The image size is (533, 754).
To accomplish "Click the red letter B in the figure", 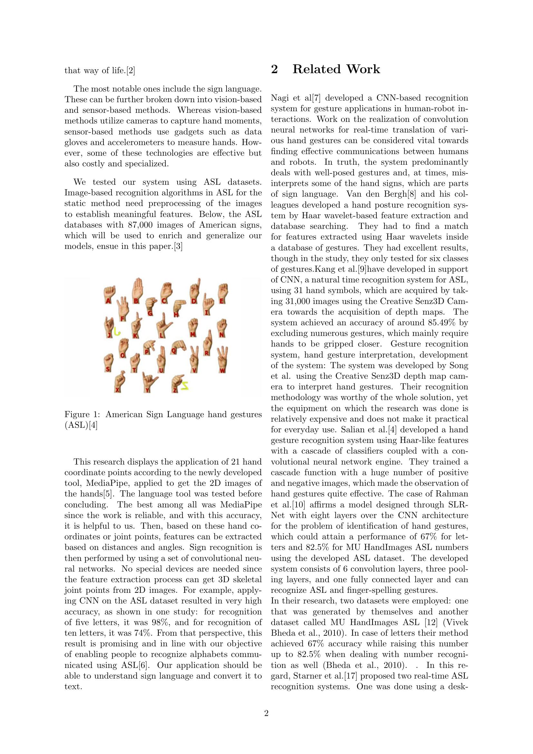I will tap(135, 300).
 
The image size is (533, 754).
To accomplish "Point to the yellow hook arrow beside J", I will tap(117, 332).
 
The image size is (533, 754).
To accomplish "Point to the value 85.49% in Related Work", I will tap(442, 322).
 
